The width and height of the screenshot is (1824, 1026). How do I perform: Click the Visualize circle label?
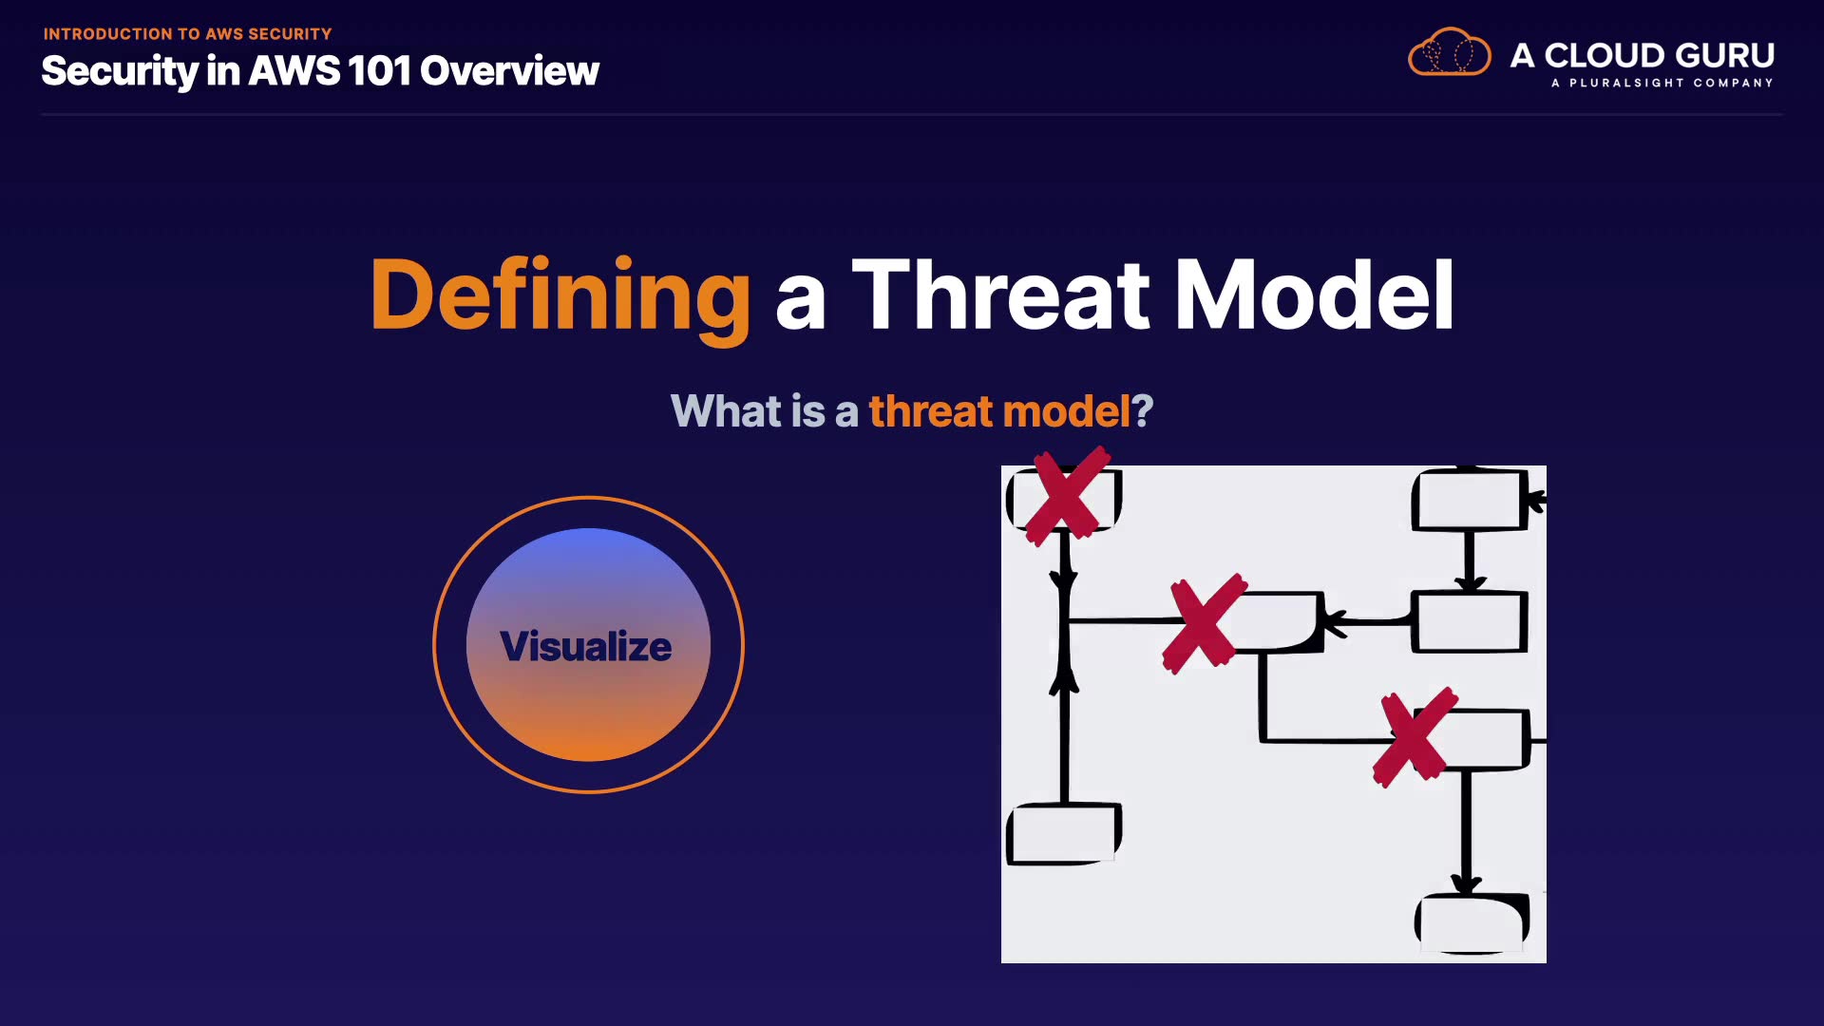[x=586, y=646]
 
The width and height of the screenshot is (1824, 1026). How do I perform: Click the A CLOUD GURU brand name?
[x=1643, y=55]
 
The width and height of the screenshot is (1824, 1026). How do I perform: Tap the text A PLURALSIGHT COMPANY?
[x=1662, y=83]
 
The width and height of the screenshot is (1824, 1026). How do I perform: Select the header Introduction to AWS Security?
[x=188, y=34]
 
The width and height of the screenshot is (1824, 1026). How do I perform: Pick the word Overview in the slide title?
[x=509, y=70]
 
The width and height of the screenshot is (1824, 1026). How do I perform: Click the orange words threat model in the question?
[x=999, y=411]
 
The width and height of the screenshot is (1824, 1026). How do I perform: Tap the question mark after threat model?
[x=1143, y=411]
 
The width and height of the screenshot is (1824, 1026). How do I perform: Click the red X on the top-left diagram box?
[x=1068, y=496]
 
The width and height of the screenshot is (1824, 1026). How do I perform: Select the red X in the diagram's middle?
[x=1205, y=623]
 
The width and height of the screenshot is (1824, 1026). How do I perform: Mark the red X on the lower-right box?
[x=1415, y=737]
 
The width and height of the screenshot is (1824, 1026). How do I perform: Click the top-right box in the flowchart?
[x=1470, y=499]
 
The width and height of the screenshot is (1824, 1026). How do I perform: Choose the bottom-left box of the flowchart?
[x=1064, y=833]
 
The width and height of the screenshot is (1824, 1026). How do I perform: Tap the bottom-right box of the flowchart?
[x=1472, y=922]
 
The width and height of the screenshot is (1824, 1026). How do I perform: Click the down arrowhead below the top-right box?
[x=1470, y=580]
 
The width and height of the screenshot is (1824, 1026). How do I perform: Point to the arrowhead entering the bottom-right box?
[x=1467, y=884]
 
